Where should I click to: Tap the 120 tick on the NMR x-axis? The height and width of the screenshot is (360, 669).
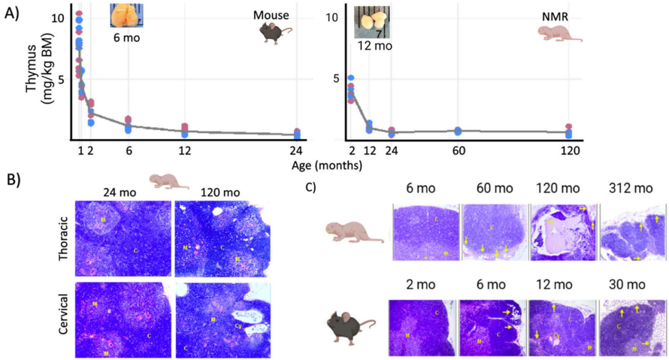pos(569,150)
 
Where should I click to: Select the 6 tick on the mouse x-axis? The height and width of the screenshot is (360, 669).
pos(129,150)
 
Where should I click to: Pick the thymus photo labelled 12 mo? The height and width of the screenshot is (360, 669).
pos(373,21)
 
